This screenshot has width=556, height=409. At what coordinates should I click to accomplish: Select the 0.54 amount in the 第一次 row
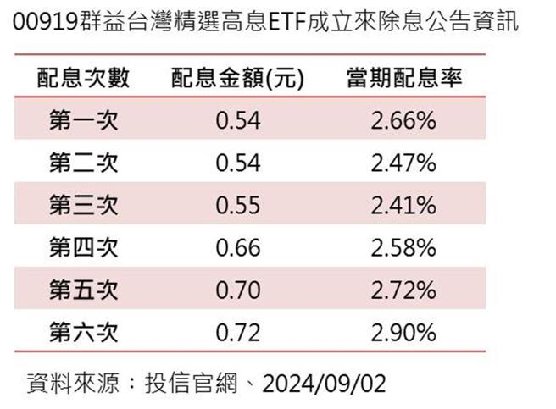(237, 121)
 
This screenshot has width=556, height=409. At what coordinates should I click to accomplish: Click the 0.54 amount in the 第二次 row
(237, 163)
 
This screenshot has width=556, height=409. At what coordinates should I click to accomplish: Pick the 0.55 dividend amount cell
(237, 205)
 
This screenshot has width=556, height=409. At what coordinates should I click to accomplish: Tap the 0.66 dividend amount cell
(237, 248)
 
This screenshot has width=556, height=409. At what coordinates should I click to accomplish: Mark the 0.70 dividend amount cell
(237, 290)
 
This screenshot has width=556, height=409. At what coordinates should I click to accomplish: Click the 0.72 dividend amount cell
(237, 331)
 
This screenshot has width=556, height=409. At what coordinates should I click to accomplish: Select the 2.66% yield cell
(403, 121)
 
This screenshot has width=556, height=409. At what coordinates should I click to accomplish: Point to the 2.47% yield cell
(403, 163)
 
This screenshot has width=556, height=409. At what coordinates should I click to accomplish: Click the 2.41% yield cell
(403, 205)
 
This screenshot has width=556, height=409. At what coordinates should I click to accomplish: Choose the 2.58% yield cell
(403, 248)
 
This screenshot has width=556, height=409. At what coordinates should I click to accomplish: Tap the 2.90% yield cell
(403, 331)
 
